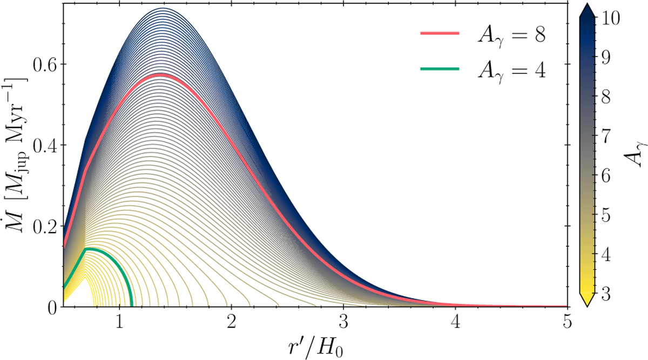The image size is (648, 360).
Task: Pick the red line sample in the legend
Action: click(440, 33)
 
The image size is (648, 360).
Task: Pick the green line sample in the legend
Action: click(440, 69)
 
